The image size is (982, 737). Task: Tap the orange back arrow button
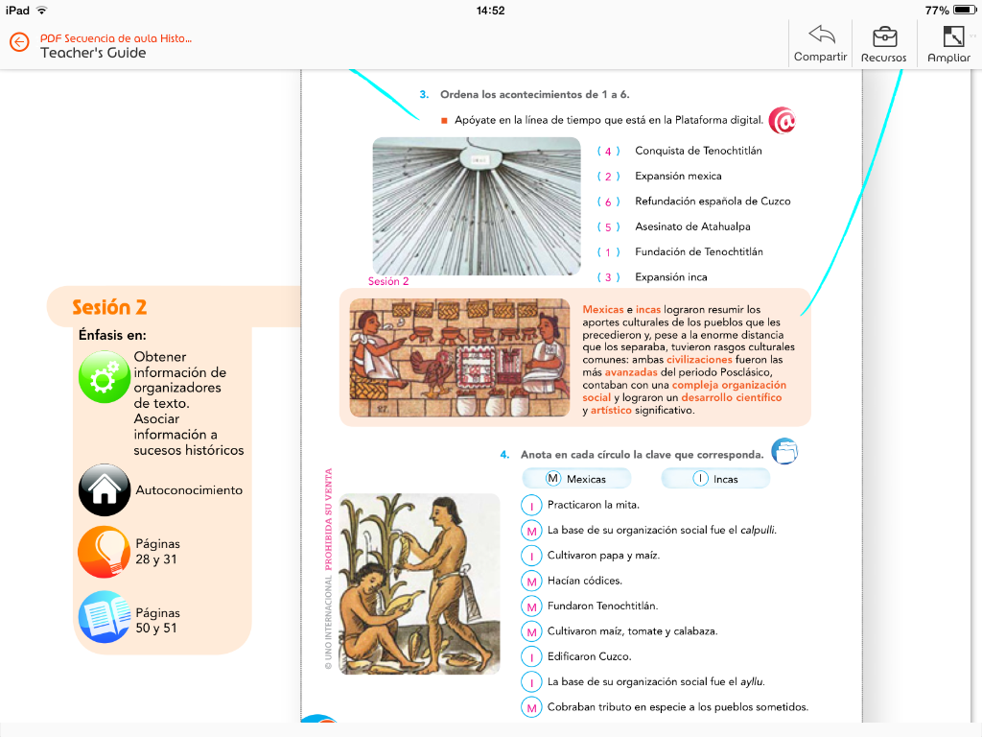coord(19,43)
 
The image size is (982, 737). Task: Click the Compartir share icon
coord(821,36)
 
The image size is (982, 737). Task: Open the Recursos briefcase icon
coord(884,36)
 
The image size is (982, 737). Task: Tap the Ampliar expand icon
coord(952,36)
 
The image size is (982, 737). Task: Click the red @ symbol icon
coord(783,121)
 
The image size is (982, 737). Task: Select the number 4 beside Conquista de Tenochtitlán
coord(608,152)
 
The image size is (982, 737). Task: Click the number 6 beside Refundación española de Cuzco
coord(608,202)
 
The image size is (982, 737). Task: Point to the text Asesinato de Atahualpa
coord(692,227)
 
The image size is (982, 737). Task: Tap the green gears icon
coord(104,377)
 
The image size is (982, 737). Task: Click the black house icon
coord(104,489)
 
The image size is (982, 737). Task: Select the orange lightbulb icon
coord(104,552)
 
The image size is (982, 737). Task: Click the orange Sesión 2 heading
coord(109,308)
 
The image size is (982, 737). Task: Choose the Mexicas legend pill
coord(577,479)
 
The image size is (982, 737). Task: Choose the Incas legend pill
coord(715,479)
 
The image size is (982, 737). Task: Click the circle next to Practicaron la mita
coord(531,505)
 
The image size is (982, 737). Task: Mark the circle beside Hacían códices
coord(531,581)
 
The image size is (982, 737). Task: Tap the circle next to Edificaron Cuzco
coord(531,657)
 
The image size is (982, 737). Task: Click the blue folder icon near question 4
coord(784,452)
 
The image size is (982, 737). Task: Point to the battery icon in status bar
coord(964,11)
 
